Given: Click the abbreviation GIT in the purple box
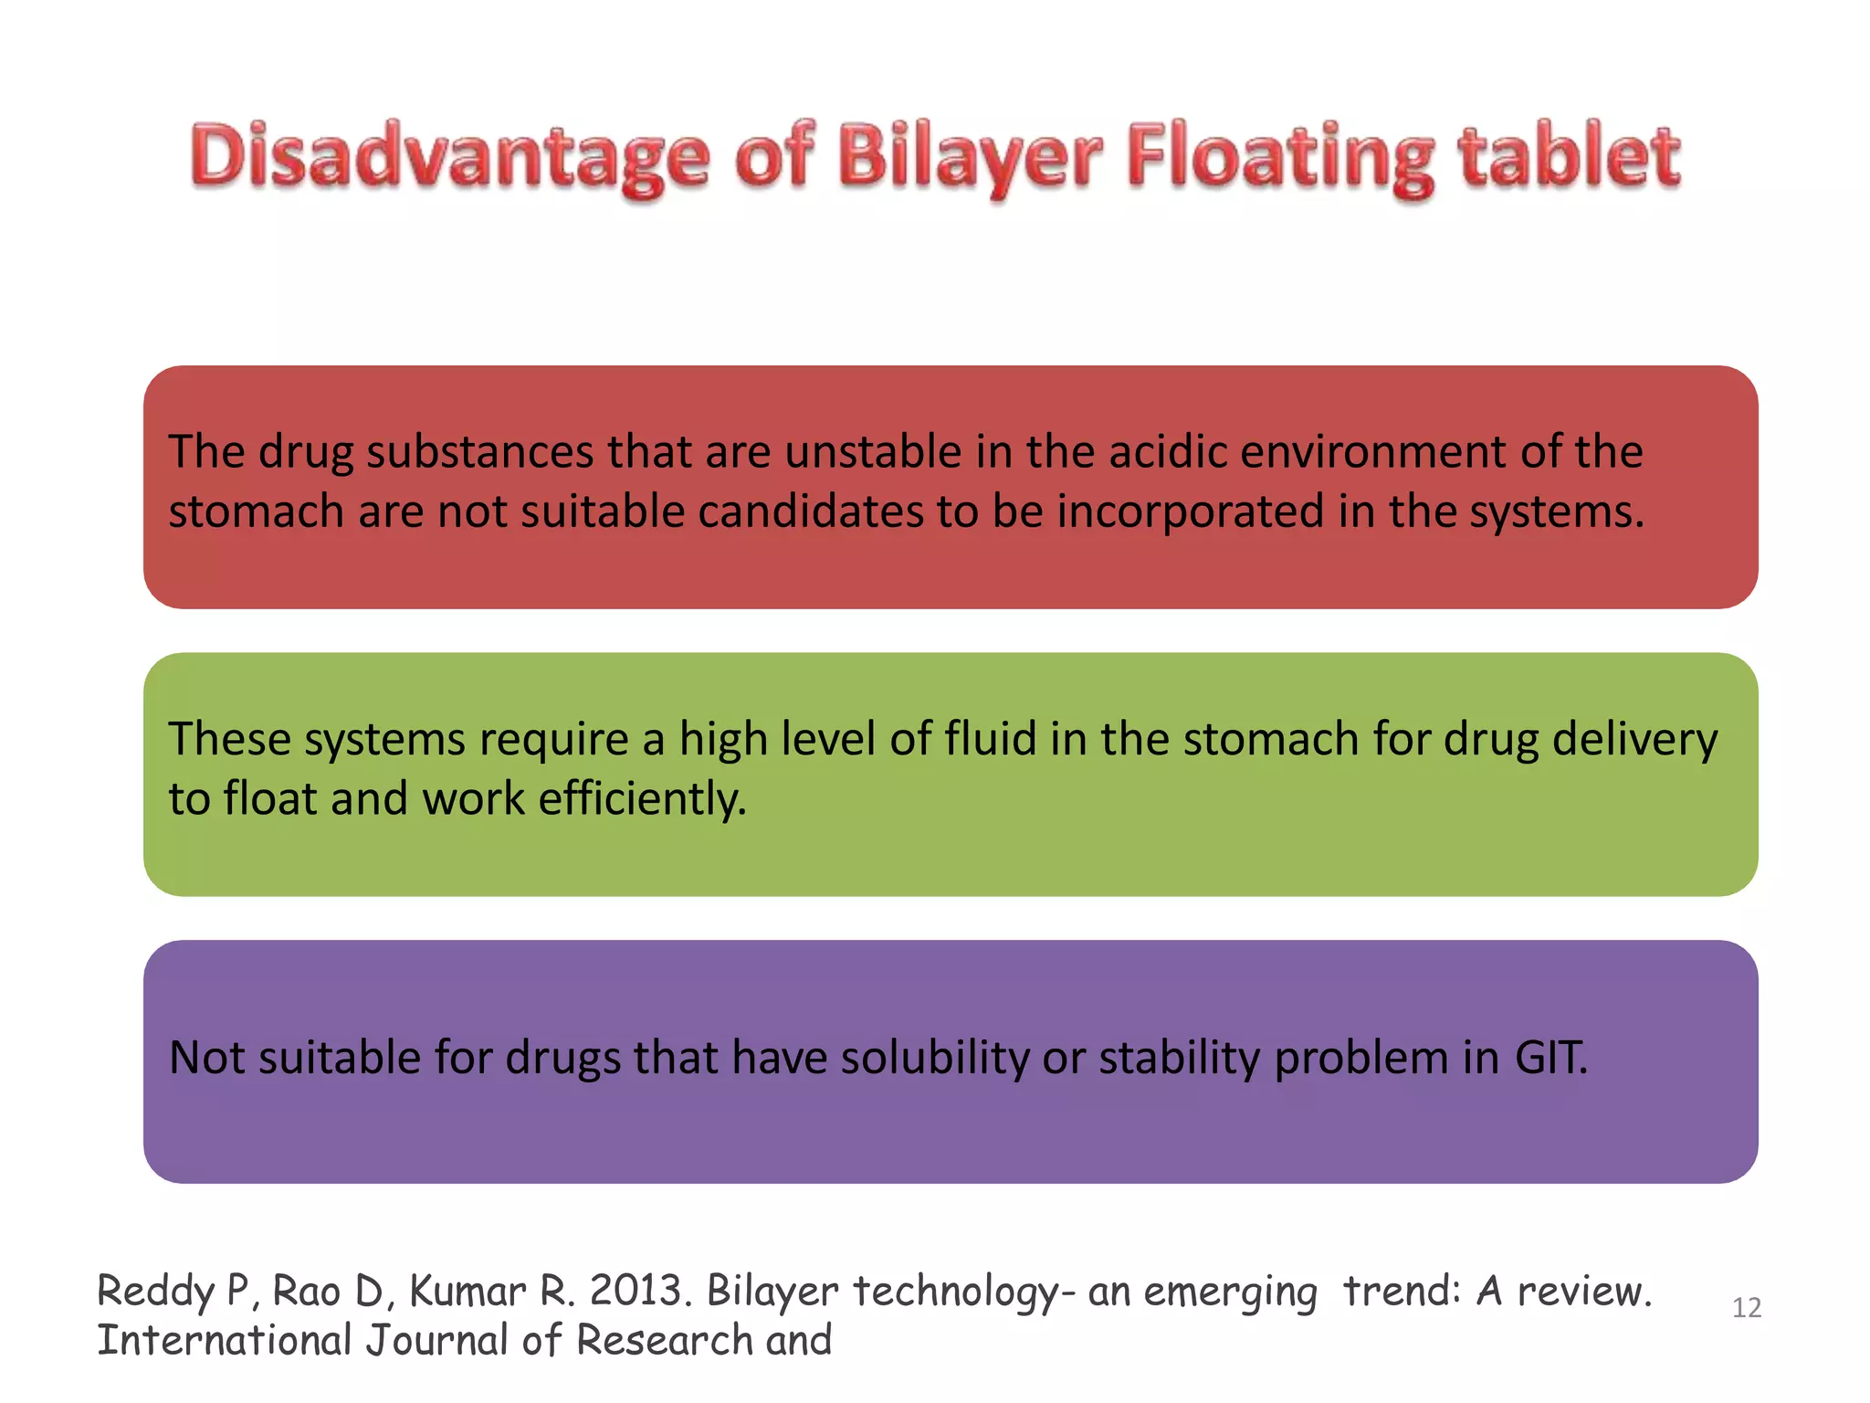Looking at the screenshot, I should click(1550, 1058).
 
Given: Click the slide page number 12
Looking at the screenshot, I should click(1746, 1308).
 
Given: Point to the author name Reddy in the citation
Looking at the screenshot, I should click(155, 1292).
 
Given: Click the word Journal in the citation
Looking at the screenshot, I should click(436, 1341).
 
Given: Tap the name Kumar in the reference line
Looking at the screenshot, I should click(467, 1292).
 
